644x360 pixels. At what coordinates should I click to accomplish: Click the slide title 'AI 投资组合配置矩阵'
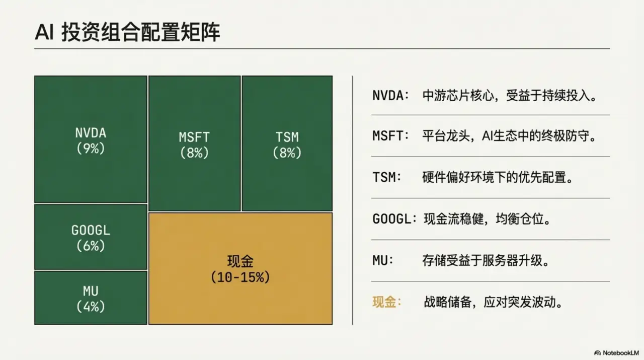pyautogui.click(x=127, y=33)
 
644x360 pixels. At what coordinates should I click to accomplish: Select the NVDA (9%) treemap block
pyautogui.click(x=91, y=139)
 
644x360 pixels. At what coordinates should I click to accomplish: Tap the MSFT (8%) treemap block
pyautogui.click(x=194, y=143)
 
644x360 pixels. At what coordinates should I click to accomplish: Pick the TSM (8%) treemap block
pyautogui.click(x=287, y=143)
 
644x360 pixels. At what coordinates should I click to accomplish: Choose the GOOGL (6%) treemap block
pyautogui.click(x=91, y=237)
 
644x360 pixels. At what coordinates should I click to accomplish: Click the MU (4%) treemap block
pyautogui.click(x=91, y=298)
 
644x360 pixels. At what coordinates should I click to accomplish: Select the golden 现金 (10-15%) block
pyautogui.click(x=240, y=268)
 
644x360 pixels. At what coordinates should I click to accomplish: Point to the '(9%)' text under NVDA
pyautogui.click(x=91, y=149)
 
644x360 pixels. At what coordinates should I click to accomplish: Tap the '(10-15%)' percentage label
pyautogui.click(x=240, y=277)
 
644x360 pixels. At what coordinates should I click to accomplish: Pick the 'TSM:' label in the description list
pyautogui.click(x=387, y=178)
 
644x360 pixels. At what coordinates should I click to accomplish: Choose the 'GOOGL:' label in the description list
pyautogui.click(x=394, y=219)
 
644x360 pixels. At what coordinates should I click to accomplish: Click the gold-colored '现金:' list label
pyautogui.click(x=386, y=302)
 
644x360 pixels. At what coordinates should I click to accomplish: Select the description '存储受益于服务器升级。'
pyautogui.click(x=485, y=261)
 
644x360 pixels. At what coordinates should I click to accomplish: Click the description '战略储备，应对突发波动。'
pyautogui.click(x=493, y=302)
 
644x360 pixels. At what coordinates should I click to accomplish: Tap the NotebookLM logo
pyautogui.click(x=616, y=352)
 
